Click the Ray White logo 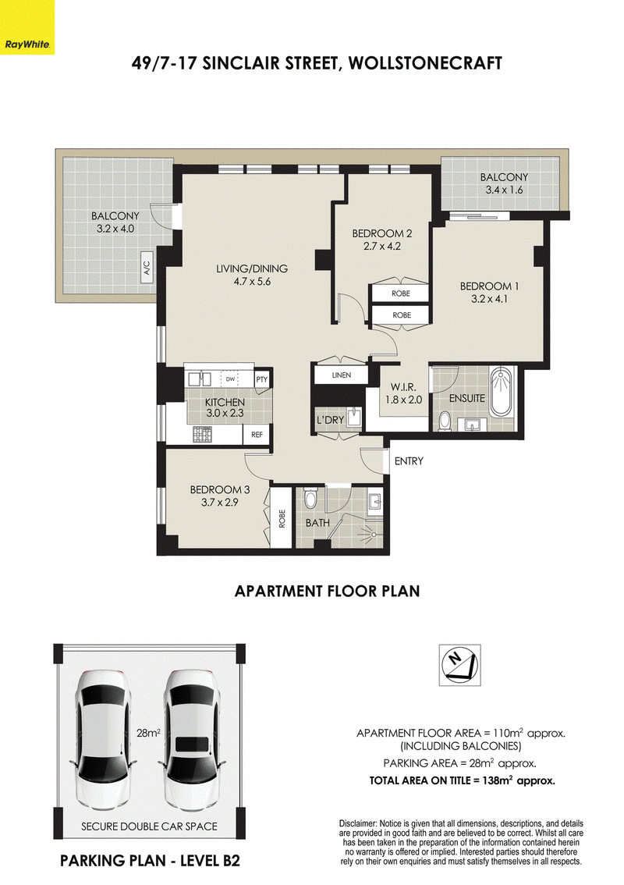(x=27, y=27)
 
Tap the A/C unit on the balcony (x=147, y=268)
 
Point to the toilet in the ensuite (x=445, y=421)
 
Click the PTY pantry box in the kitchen (x=262, y=379)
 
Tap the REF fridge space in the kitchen (x=257, y=435)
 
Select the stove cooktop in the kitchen (x=202, y=434)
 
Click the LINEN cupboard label (x=342, y=375)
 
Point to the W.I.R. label (x=403, y=387)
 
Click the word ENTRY (x=409, y=461)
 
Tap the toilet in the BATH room (x=311, y=498)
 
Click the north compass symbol (x=460, y=665)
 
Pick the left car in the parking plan (x=103, y=740)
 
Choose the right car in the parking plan (x=192, y=740)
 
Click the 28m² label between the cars (x=148, y=733)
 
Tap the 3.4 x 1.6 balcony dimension (x=505, y=190)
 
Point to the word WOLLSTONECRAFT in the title (x=425, y=62)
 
